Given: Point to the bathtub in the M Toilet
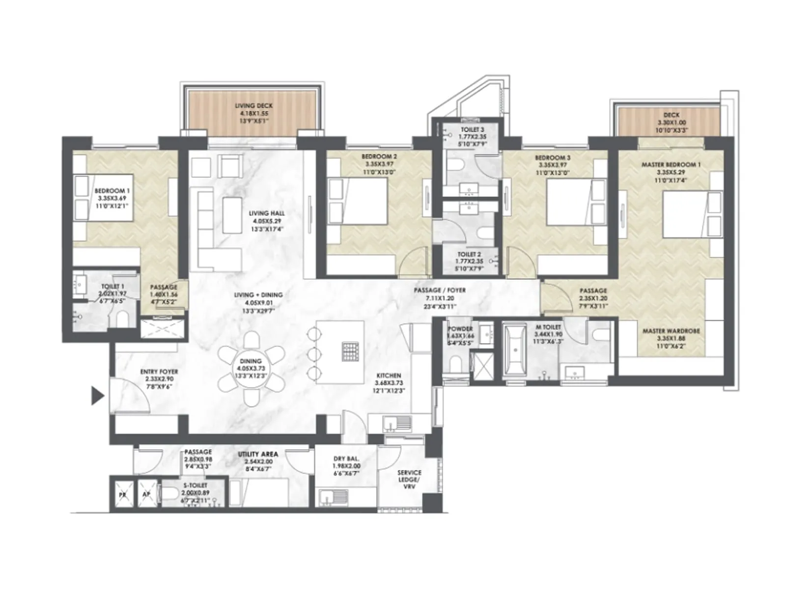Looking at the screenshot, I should (515, 351).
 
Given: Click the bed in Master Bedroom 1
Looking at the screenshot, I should (686, 214).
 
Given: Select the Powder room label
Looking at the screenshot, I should (460, 336).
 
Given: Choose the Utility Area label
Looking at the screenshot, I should (258, 461).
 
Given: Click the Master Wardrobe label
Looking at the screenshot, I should (671, 338).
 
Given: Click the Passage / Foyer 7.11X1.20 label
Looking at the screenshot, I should (439, 298).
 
